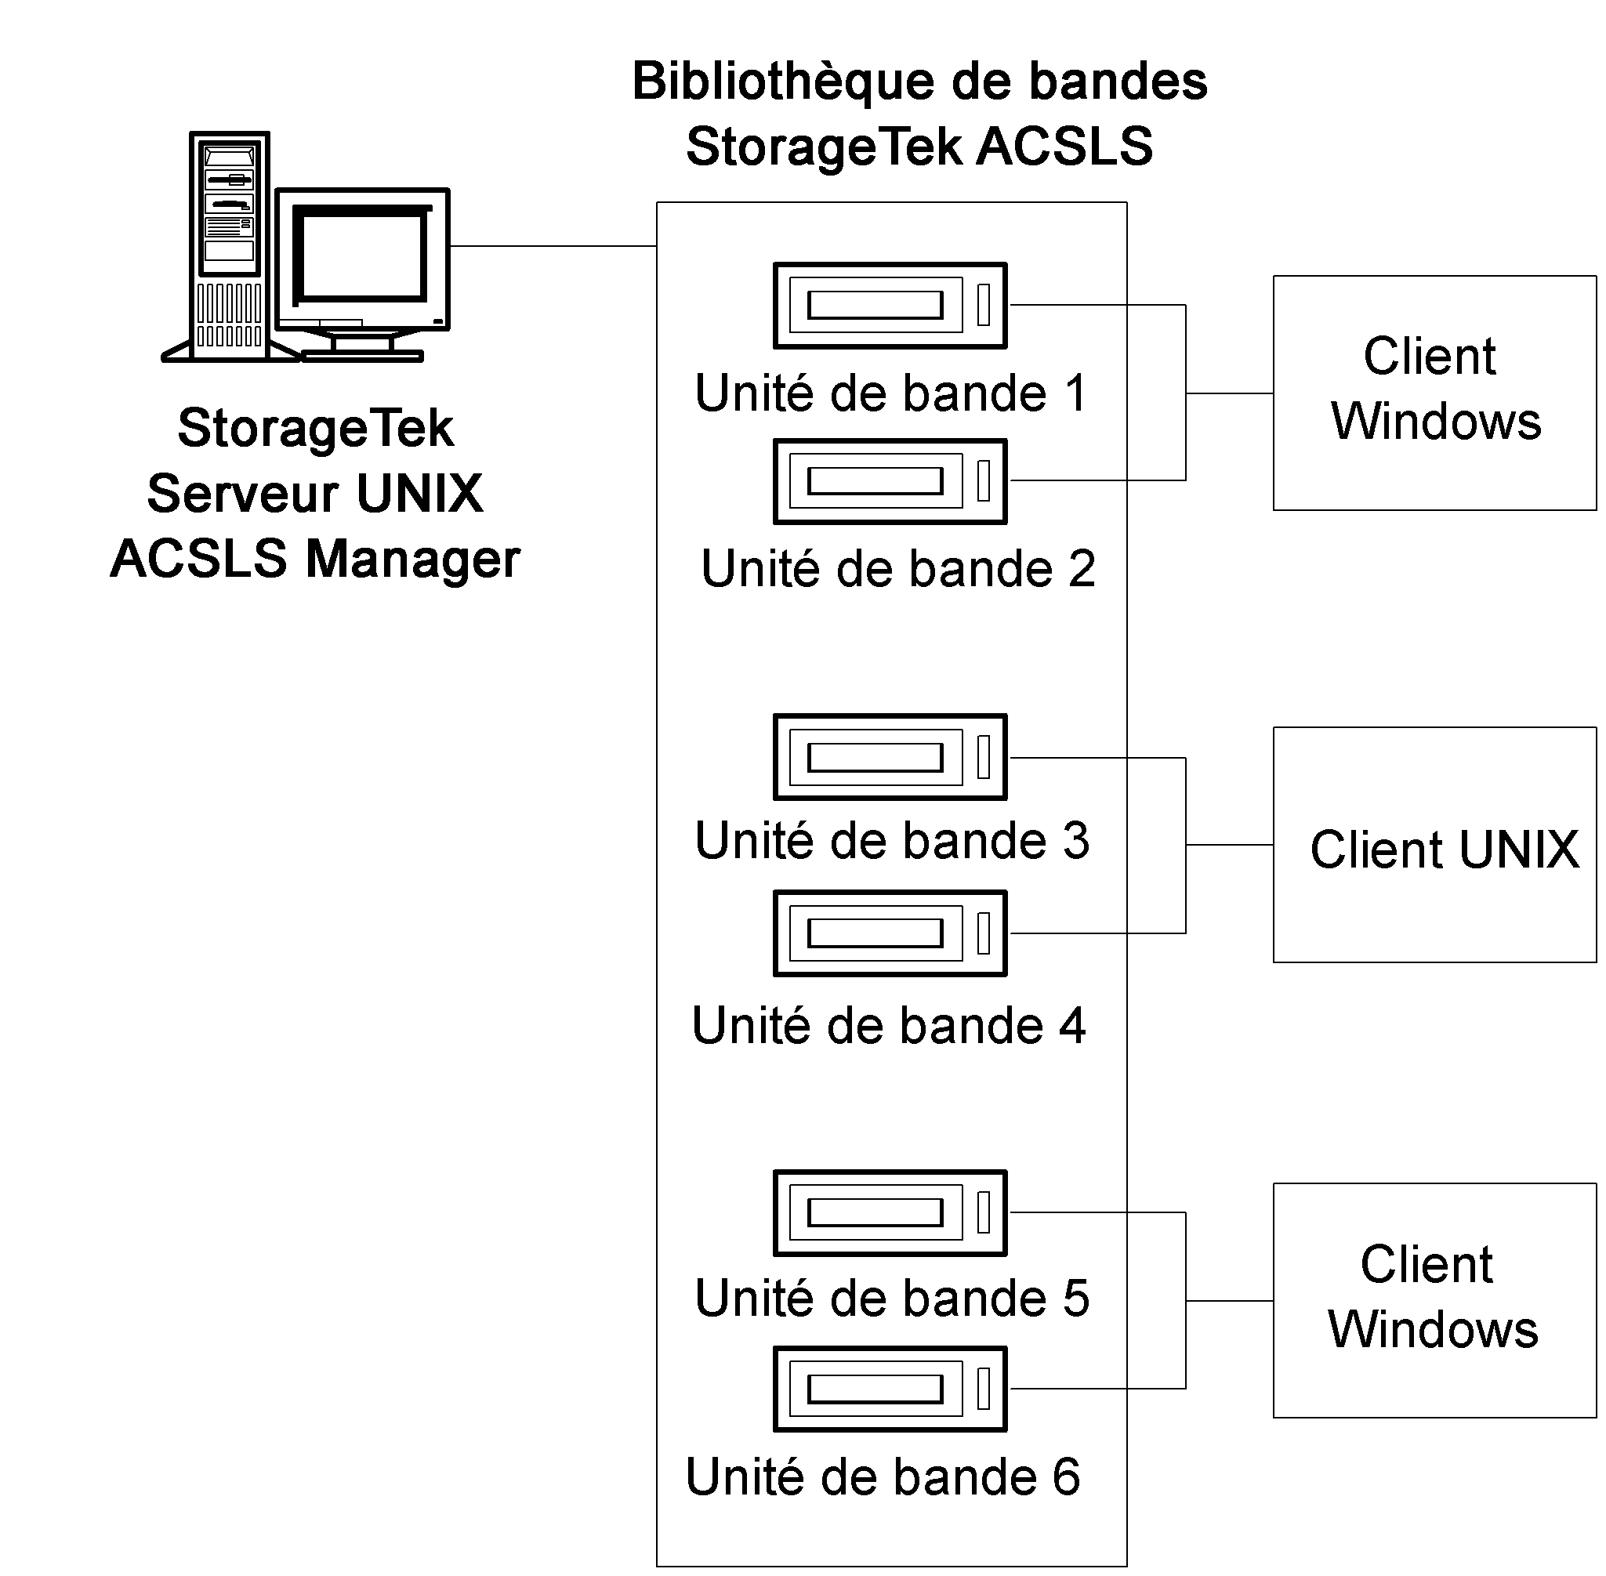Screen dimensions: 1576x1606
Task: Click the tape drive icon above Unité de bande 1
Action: coord(890,306)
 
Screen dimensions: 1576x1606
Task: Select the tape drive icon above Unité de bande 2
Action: coord(890,481)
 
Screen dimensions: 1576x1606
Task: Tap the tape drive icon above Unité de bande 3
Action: coord(890,757)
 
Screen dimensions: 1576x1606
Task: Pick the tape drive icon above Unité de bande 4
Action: coord(890,933)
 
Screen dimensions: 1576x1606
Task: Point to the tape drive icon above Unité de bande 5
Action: coord(890,1213)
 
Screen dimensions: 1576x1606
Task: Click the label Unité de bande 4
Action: coord(888,1027)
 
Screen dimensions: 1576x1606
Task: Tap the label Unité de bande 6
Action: coord(883,1477)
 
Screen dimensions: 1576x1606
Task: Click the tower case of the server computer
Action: coord(230,245)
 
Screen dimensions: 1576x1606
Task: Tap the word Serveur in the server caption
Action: coord(242,493)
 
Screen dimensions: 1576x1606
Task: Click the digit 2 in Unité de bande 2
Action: coord(1080,569)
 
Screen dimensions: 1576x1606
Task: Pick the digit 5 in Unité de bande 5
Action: coord(1075,1298)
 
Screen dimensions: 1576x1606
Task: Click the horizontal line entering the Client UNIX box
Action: coord(1229,845)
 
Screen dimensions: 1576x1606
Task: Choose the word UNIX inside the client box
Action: coord(1519,850)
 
